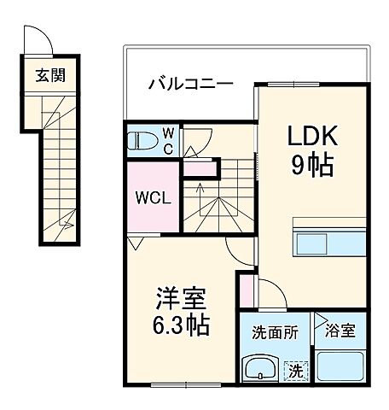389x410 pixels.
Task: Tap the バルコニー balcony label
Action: pyautogui.click(x=190, y=84)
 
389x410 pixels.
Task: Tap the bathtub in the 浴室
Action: pyautogui.click(x=340, y=368)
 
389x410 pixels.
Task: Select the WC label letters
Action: pyautogui.click(x=168, y=140)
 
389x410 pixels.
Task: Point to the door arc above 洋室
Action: pyautogui.click(x=241, y=248)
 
